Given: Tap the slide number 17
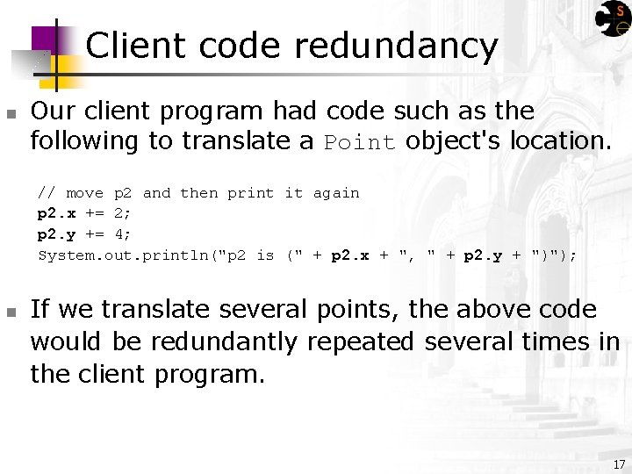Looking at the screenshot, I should (619, 463).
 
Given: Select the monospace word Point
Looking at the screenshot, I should (360, 143).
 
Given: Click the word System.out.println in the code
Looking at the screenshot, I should (128, 255).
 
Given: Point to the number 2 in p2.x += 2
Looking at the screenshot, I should (120, 213).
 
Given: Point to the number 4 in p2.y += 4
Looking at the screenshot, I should (120, 234).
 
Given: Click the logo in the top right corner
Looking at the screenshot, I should (613, 18).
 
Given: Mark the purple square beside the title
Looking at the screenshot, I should (46, 39).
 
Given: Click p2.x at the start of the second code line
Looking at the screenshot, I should (55, 213).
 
